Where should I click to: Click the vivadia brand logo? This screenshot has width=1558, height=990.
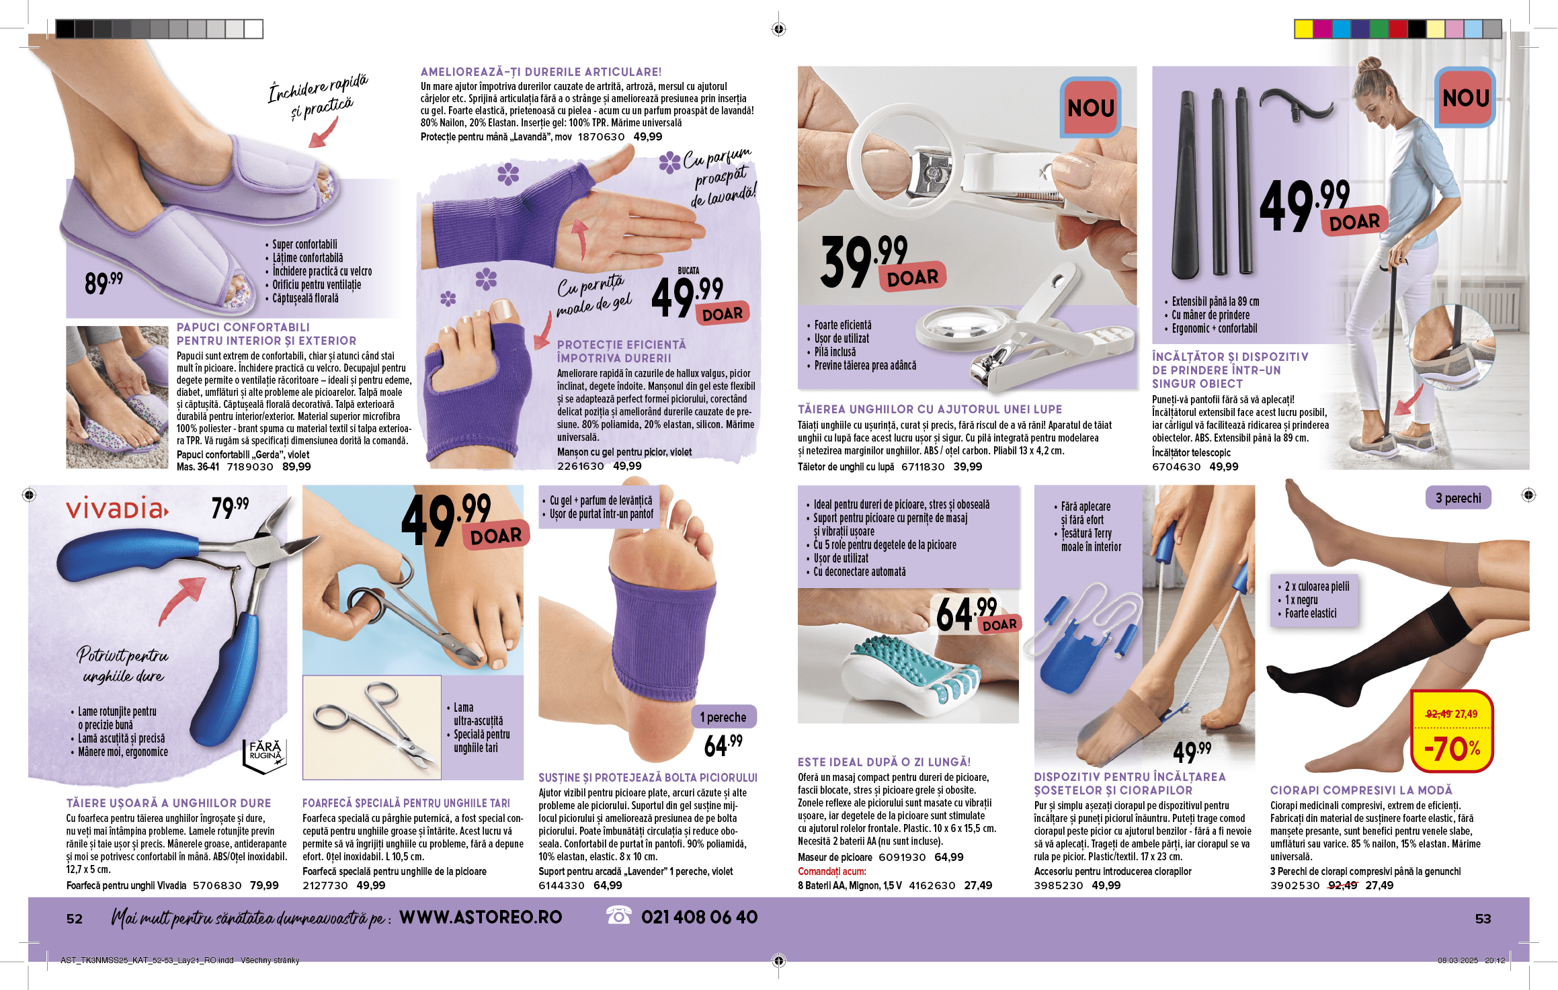point(117,509)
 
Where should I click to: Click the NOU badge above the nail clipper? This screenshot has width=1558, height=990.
point(1090,108)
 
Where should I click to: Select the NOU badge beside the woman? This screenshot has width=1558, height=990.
point(1465,98)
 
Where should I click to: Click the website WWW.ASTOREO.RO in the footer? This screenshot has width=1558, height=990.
point(481,917)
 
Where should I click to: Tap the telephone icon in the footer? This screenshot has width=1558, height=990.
point(618,915)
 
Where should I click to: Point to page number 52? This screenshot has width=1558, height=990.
point(75,919)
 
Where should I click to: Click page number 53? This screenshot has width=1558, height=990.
point(1483,919)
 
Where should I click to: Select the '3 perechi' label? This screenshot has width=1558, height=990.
point(1458,498)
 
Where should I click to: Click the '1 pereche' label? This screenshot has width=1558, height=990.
point(724,717)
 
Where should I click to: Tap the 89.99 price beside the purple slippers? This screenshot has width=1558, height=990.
point(104,283)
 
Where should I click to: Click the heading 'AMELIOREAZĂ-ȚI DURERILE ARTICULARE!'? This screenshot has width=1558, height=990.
point(541,72)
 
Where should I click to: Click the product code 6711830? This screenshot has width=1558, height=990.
point(923,466)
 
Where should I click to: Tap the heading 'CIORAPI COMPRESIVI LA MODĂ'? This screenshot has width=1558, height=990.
point(1361,790)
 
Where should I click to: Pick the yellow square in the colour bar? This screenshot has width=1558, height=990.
point(1304,29)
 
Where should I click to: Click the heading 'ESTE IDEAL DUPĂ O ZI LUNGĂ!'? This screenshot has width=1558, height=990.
point(884,762)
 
